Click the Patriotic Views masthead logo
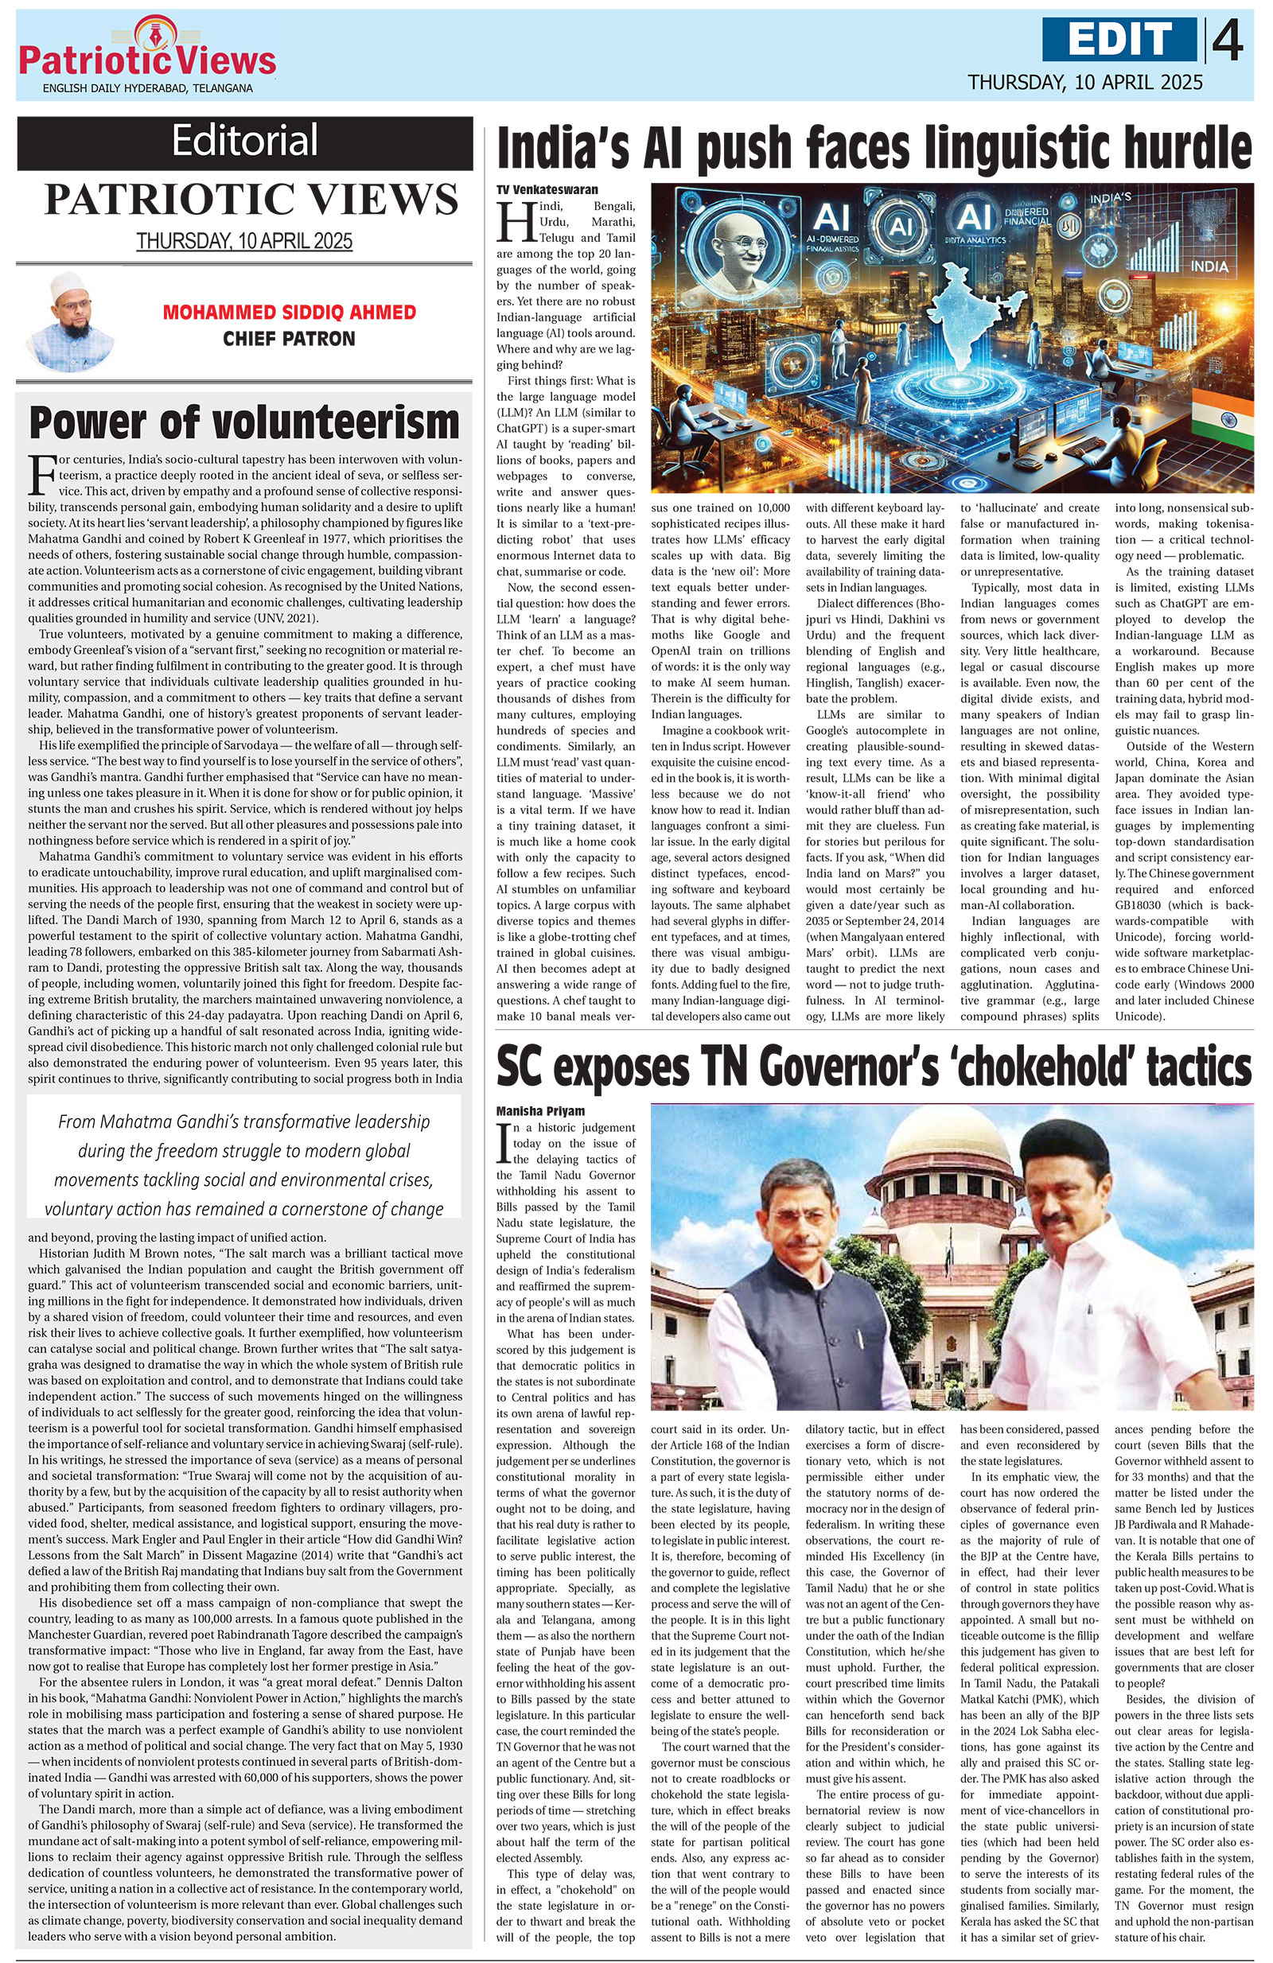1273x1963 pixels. [x=147, y=56]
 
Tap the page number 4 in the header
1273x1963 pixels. [x=1228, y=41]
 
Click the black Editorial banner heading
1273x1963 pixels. [x=244, y=141]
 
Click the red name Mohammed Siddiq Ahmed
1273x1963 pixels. [x=289, y=313]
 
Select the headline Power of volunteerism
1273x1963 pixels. [x=244, y=423]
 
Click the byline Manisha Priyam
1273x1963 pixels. [x=540, y=1110]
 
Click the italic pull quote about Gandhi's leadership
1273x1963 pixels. [x=244, y=1164]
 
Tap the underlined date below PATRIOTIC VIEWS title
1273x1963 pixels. [x=244, y=241]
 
